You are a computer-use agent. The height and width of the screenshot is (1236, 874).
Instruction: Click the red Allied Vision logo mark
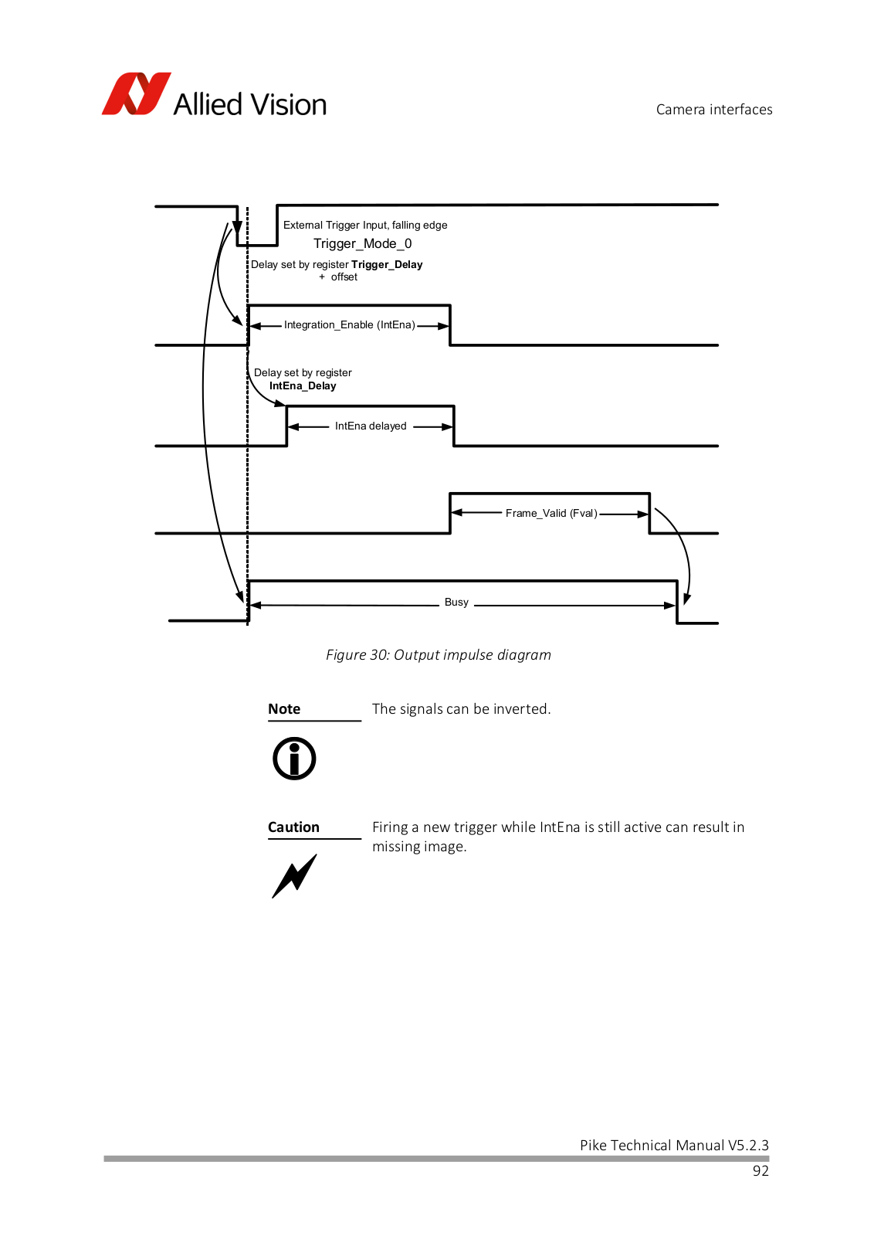(x=136, y=93)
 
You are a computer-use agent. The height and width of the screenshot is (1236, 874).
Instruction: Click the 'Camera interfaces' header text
(x=713, y=109)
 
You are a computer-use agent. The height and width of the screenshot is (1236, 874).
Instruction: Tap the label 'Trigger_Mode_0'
(x=362, y=243)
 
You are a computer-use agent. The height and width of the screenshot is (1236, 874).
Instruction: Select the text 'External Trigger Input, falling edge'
(x=365, y=225)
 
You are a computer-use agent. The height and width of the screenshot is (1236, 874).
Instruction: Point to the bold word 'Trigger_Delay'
(x=387, y=264)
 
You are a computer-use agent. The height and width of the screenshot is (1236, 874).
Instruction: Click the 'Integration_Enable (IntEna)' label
(x=350, y=324)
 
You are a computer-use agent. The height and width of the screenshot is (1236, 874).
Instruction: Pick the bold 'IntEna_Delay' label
(x=303, y=385)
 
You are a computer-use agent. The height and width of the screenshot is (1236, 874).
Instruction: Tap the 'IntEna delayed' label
(x=371, y=426)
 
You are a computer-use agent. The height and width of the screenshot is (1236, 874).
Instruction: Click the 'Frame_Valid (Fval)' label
(x=551, y=513)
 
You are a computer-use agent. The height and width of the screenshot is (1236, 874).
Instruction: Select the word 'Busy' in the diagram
(x=456, y=602)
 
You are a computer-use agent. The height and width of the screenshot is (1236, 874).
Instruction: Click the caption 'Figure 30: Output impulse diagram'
(x=439, y=654)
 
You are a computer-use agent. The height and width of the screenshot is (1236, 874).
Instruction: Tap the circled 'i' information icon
(x=294, y=758)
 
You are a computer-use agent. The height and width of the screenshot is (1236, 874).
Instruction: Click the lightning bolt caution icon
(x=294, y=876)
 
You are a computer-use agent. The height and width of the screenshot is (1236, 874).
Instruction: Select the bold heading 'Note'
(x=284, y=708)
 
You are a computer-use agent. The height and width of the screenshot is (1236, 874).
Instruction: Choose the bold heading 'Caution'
(x=293, y=827)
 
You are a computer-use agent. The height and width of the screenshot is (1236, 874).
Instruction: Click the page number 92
(x=761, y=1170)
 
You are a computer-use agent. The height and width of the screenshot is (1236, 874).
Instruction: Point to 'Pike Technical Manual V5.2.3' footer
(x=674, y=1145)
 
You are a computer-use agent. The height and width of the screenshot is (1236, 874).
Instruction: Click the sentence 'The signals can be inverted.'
(x=462, y=708)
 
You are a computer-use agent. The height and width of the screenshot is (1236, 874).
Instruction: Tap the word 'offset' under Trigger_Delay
(x=344, y=277)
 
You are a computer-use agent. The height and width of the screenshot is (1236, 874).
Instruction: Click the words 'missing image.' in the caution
(x=419, y=847)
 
